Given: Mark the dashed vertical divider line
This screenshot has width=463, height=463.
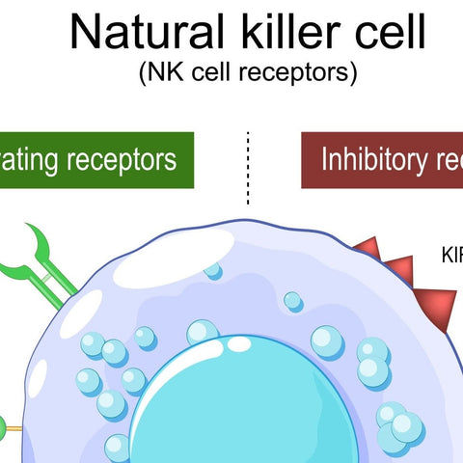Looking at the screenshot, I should tap(248, 169).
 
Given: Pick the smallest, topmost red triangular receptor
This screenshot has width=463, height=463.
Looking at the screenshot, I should tap(366, 248).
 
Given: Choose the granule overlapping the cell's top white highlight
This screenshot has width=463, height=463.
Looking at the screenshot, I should tap(213, 271).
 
